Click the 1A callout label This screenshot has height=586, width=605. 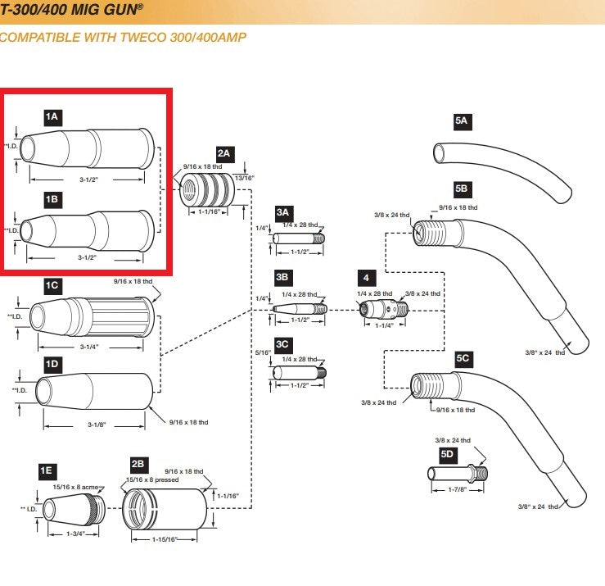click(52, 117)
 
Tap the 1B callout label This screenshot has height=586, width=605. click(52, 198)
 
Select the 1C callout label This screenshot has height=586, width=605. click(52, 284)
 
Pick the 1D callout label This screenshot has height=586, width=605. click(52, 363)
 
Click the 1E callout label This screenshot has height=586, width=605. click(47, 470)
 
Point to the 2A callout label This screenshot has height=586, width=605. click(224, 153)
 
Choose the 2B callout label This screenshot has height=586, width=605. click(139, 464)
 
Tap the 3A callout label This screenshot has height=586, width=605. click(283, 211)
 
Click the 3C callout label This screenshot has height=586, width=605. click(283, 344)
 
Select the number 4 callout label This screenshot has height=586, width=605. click(365, 279)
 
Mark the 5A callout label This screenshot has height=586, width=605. click(462, 120)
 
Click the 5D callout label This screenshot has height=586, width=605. click(447, 453)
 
